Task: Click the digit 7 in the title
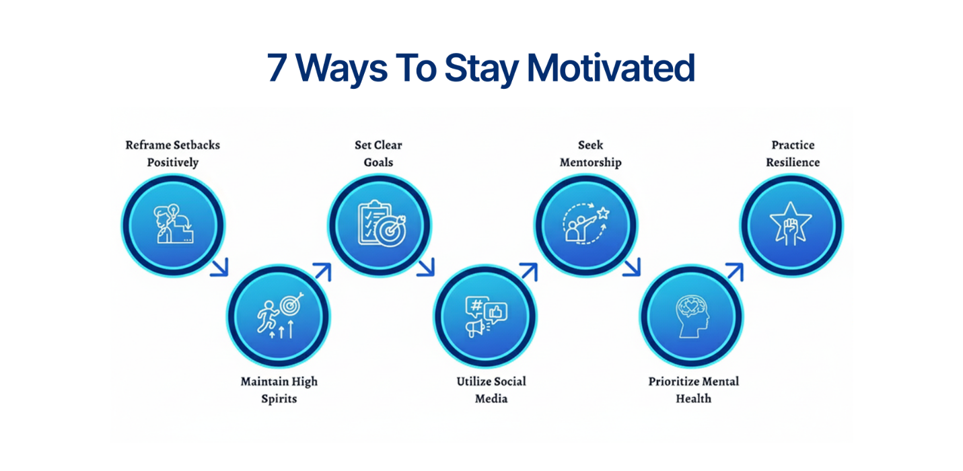tap(277, 68)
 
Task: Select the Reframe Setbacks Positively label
tap(173, 153)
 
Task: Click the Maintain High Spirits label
tap(279, 390)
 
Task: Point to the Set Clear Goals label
tap(378, 153)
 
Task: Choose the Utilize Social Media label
tap(491, 390)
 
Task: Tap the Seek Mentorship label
tap(590, 153)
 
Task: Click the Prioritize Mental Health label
tap(694, 390)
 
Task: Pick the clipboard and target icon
tap(379, 224)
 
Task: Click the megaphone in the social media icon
tap(476, 328)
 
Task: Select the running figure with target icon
tap(278, 315)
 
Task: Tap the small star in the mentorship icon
tap(603, 213)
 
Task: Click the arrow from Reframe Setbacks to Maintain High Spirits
tap(219, 267)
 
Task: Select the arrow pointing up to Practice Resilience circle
tap(734, 272)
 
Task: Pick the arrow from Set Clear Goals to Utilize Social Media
tap(426, 267)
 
